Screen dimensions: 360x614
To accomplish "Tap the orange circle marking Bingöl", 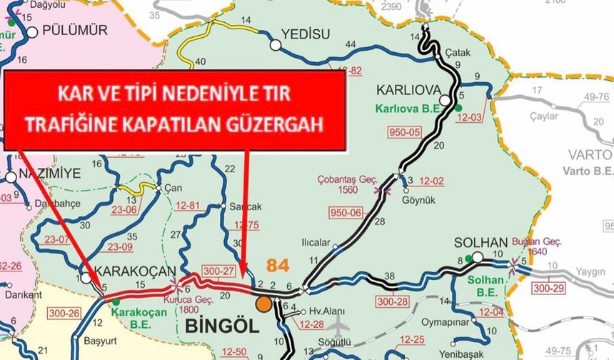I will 264,304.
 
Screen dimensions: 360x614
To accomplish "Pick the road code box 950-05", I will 405,131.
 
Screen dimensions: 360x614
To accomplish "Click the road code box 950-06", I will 346,211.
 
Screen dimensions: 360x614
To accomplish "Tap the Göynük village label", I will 423,191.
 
